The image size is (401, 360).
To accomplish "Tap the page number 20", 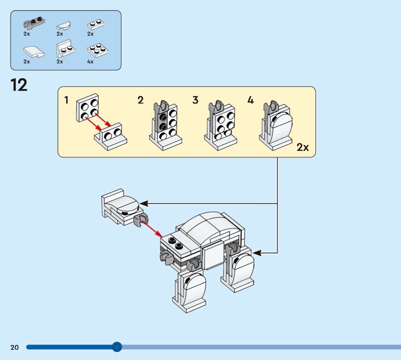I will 14,347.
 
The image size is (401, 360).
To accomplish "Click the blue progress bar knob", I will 117,346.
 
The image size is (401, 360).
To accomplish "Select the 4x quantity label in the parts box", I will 90,62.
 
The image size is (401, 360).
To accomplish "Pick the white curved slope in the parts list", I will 32,52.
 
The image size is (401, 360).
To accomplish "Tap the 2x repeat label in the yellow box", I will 303,147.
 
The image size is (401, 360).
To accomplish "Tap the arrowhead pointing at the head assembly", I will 143,204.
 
